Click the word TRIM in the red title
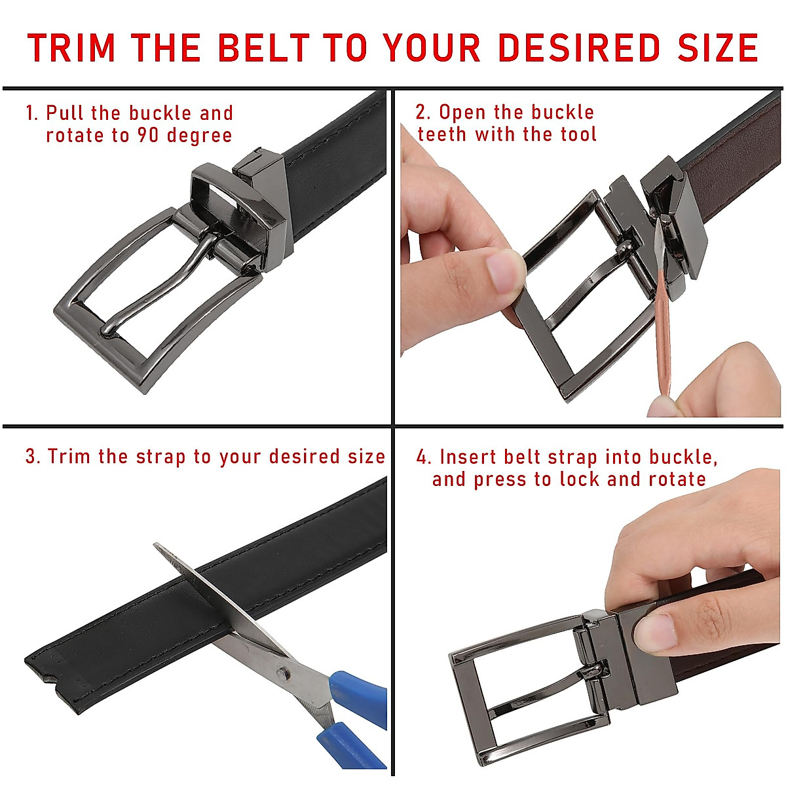tap(71, 48)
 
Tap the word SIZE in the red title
tap(718, 48)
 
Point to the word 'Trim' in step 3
tap(69, 457)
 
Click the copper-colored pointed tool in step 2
tap(662, 327)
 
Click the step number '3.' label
tap(33, 457)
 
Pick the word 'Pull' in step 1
tap(65, 113)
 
